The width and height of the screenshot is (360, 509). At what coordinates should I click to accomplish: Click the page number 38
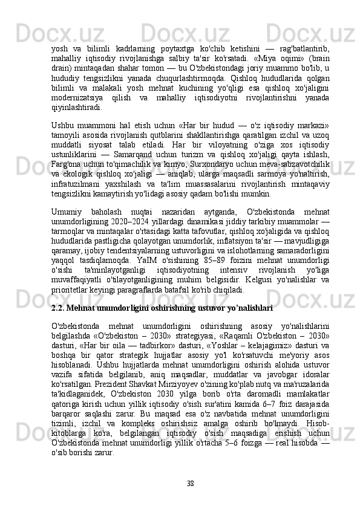pos(190,483)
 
